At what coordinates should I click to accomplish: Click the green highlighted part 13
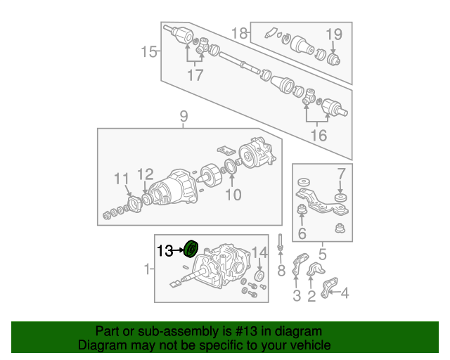pyautogui.click(x=191, y=249)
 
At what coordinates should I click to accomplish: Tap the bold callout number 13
pyautogui.click(x=165, y=250)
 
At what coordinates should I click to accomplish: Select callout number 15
pyautogui.click(x=149, y=52)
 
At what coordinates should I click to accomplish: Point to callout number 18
pyautogui.click(x=239, y=33)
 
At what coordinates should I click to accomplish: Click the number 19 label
pyautogui.click(x=334, y=34)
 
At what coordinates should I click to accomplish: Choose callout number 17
pyautogui.click(x=195, y=75)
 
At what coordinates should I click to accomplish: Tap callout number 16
pyautogui.click(x=319, y=135)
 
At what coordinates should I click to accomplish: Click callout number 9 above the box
pyautogui.click(x=184, y=116)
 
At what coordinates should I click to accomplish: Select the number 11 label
pyautogui.click(x=122, y=179)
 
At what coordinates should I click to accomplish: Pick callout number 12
pyautogui.click(x=146, y=174)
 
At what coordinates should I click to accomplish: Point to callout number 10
pyautogui.click(x=233, y=195)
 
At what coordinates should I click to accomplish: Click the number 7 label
pyautogui.click(x=341, y=174)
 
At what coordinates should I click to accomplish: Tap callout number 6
pyautogui.click(x=302, y=233)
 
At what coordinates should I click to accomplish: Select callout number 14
pyautogui.click(x=259, y=253)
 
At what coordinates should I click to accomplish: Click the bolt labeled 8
pyautogui.click(x=280, y=241)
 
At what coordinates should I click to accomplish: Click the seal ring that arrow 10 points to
pyautogui.click(x=231, y=166)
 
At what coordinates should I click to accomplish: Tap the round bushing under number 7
pyautogui.click(x=340, y=198)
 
